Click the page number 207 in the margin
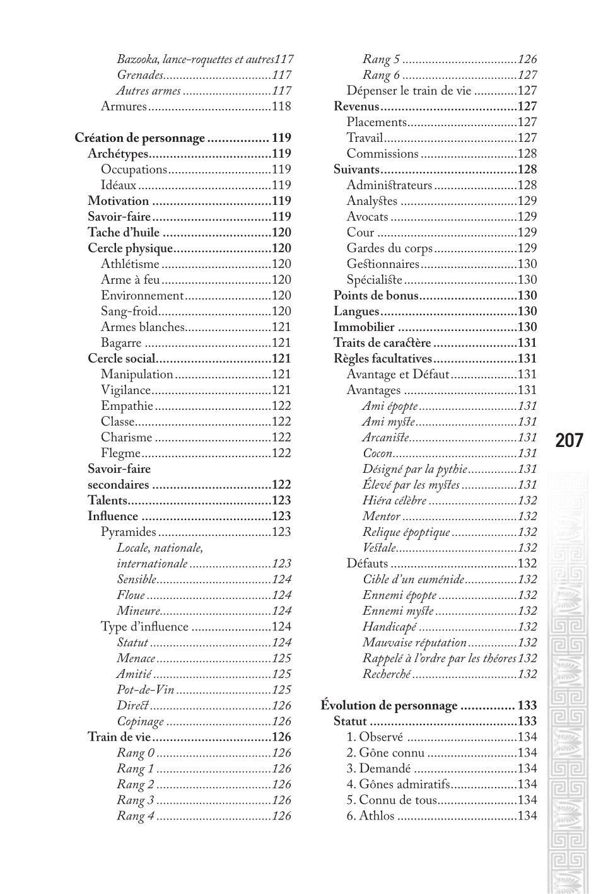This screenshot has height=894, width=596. (569, 440)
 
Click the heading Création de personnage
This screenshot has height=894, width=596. (140, 138)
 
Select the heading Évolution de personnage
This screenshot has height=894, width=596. (389, 705)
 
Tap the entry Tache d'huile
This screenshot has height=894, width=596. (124, 233)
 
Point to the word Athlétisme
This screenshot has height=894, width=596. (130, 264)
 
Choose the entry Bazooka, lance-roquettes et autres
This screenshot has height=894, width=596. (196, 59)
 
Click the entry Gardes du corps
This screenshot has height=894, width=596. (390, 248)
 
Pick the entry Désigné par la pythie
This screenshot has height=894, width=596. (415, 469)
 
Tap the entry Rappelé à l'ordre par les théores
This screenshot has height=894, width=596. (439, 658)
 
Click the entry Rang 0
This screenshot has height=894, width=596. (136, 753)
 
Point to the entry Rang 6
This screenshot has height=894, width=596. (381, 75)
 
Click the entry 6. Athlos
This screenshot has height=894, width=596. (371, 816)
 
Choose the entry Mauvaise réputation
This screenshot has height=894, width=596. (414, 642)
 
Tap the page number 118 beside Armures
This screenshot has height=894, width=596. (281, 107)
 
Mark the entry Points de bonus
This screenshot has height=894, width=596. (376, 296)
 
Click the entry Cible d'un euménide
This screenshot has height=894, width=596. (414, 579)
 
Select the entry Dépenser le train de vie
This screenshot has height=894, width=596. (409, 91)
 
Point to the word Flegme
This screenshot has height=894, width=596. (120, 453)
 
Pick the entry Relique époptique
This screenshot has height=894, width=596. (406, 532)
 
